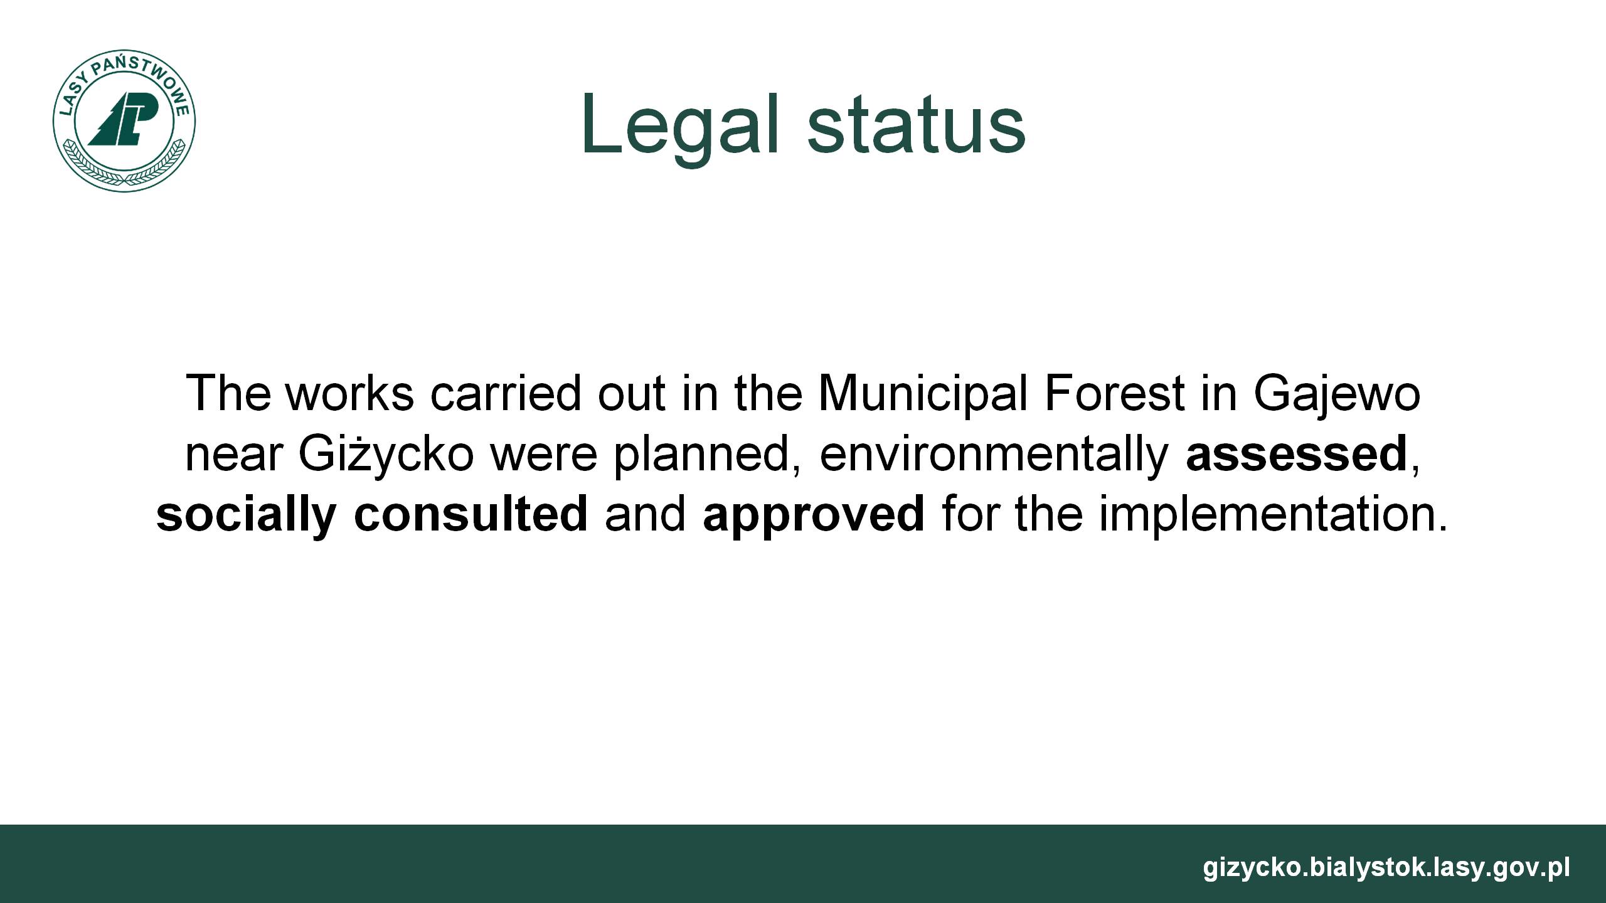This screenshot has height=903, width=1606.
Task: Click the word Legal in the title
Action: click(683, 126)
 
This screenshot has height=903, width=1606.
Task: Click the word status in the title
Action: click(917, 125)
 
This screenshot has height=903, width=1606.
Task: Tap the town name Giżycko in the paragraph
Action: click(386, 455)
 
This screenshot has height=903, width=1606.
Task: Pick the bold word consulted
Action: click(471, 515)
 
